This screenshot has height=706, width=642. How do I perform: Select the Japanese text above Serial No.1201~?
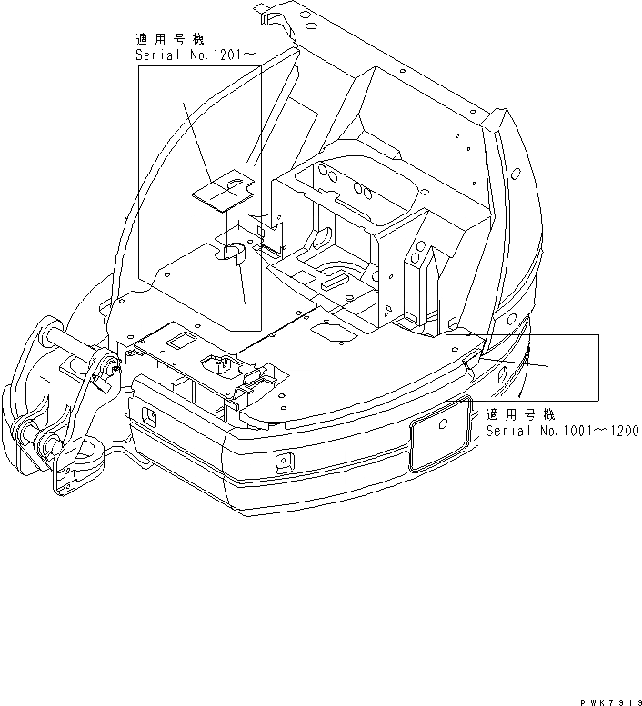[170, 40]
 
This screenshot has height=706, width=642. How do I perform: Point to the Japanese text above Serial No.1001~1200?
[521, 414]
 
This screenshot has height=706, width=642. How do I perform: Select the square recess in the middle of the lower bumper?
[285, 462]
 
